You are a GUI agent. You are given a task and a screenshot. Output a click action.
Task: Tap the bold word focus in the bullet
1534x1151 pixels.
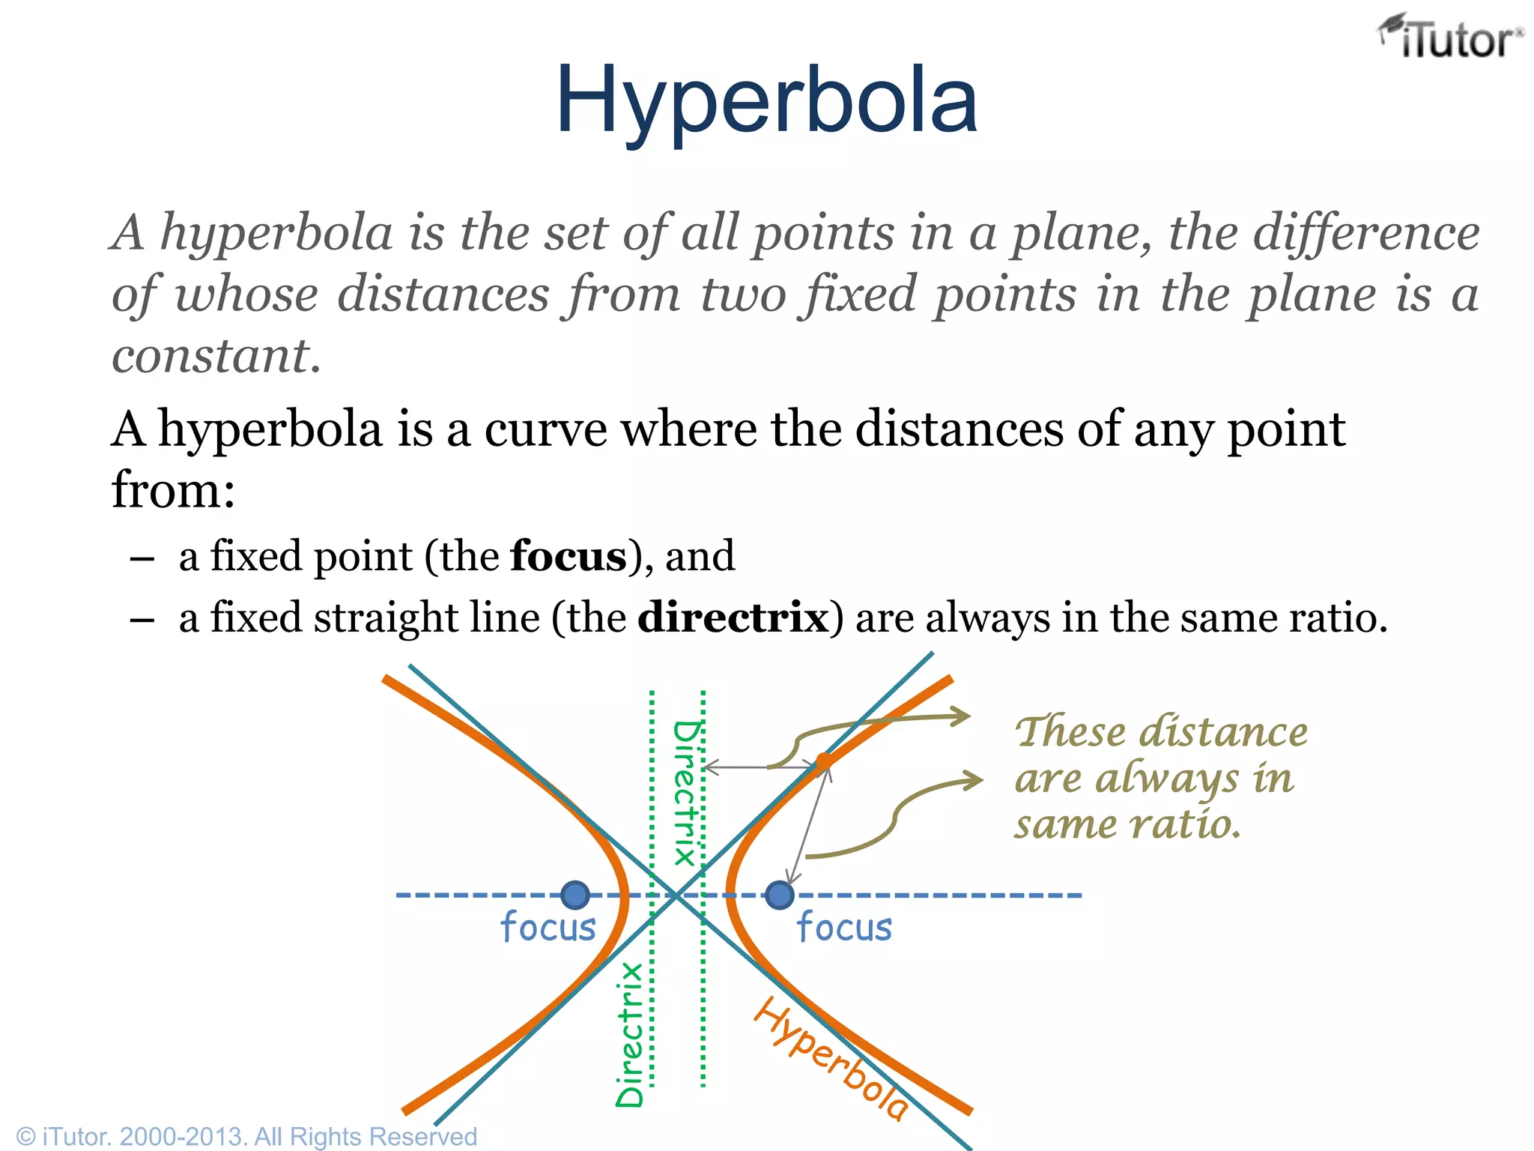(568, 556)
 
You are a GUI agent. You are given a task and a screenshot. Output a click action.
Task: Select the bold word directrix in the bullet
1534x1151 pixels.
(733, 617)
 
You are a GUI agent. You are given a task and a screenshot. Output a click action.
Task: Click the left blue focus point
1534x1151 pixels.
(575, 895)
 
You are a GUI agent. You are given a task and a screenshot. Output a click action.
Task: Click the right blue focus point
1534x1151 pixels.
(779, 895)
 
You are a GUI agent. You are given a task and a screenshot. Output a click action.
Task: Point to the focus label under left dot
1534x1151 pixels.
(548, 927)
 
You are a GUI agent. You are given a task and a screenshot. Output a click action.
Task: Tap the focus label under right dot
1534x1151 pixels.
(844, 927)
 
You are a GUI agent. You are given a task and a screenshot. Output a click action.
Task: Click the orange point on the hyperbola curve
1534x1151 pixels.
(823, 762)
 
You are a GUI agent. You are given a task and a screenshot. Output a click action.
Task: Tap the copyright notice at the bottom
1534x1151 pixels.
(246, 1136)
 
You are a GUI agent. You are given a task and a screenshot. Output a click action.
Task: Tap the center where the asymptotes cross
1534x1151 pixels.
(676, 895)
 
